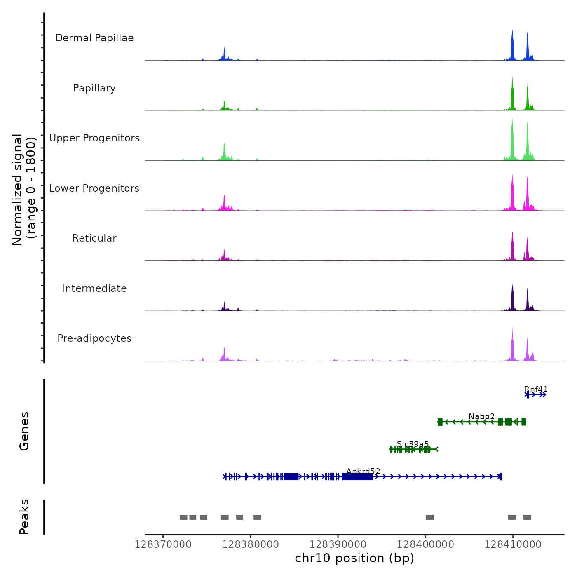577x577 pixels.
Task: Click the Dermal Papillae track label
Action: tap(94, 38)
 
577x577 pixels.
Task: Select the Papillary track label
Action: tap(94, 88)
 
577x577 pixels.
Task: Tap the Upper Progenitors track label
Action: tap(94, 138)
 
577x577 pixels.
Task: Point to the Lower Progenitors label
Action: tap(94, 188)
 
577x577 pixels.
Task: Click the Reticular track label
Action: tap(94, 238)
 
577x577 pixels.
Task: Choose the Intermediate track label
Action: tap(94, 288)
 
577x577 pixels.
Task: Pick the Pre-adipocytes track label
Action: tap(94, 338)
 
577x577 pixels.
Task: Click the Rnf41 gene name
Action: tap(536, 389)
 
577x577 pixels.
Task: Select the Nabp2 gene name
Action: tap(481, 416)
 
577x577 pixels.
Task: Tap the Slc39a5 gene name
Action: tap(413, 444)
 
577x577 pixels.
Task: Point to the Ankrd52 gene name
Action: tap(363, 471)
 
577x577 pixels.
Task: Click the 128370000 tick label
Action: tap(163, 544)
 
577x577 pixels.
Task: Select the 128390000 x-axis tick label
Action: tap(338, 544)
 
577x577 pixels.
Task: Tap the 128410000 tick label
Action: tap(513, 544)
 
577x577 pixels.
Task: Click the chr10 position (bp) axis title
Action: tap(354, 558)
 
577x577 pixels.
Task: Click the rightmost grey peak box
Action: tap(527, 517)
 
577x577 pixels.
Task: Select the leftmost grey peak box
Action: tap(183, 517)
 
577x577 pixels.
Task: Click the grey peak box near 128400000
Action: tap(429, 517)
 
